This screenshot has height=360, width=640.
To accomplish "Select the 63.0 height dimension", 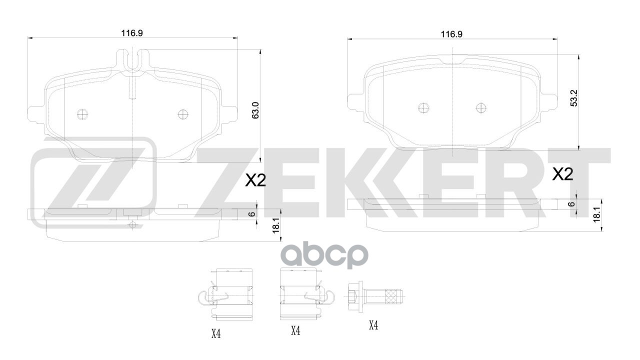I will click(255, 109).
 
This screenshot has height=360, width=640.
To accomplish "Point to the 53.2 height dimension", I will click(574, 98).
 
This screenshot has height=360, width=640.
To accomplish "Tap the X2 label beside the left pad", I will click(255, 181).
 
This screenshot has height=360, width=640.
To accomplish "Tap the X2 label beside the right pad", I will click(562, 174).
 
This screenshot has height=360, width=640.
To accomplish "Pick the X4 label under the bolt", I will click(373, 325).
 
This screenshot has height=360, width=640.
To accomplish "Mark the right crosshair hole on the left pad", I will click(182, 114).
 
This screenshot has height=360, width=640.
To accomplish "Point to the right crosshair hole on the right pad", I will click(480, 108).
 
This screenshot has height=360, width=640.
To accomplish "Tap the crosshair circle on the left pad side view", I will click(132, 225).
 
